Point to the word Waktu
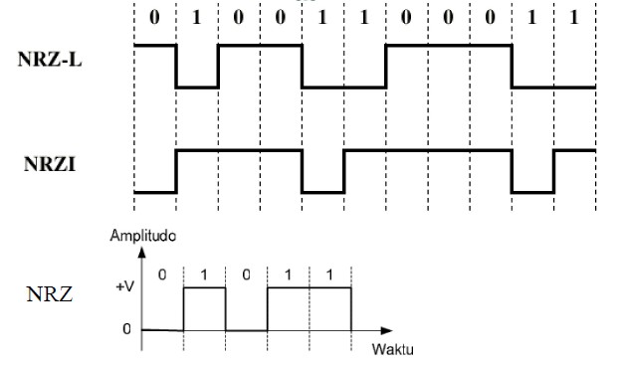pos(392,351)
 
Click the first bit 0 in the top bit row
pos(154,18)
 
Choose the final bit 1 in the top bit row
pos(574,18)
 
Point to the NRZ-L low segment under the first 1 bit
pos(197,88)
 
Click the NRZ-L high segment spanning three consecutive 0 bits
pos(449,46)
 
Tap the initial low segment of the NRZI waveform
pos(155,192)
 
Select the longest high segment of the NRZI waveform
pos(428,150)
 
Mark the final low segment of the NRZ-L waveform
pos(553,88)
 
